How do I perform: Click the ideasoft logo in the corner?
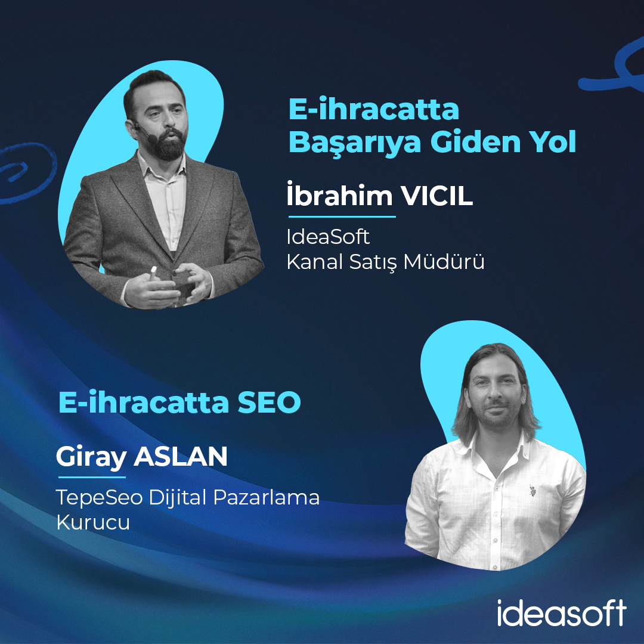[x=562, y=613]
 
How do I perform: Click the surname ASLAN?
[x=180, y=456]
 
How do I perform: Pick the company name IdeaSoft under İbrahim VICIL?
[x=328, y=237]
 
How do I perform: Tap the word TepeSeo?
[x=100, y=498]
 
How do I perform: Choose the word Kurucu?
[x=93, y=522]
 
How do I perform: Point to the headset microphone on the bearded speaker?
[x=145, y=132]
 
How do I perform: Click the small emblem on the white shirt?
[x=532, y=490]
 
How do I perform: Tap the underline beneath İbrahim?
[x=342, y=216]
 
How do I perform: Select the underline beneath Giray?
[x=92, y=477]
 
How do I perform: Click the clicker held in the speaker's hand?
[x=153, y=273]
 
